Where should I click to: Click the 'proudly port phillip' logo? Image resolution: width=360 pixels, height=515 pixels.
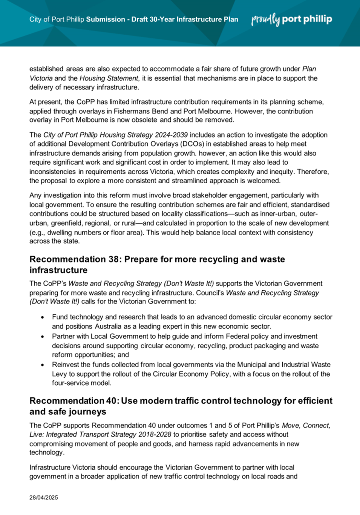pos(292,20)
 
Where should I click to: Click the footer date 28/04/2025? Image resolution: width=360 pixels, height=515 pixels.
pos(44,497)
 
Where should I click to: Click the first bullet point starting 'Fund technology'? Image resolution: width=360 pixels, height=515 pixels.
pos(43,317)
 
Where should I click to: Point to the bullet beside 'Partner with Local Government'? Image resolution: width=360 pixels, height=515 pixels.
pos(43,337)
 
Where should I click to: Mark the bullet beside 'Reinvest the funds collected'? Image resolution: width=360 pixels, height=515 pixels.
pos(43,365)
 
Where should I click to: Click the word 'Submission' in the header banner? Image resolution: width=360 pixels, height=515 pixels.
pos(106,20)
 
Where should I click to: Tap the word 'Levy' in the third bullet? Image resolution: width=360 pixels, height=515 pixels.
pos(59,374)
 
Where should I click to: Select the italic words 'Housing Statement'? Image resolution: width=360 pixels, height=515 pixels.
pos(109,78)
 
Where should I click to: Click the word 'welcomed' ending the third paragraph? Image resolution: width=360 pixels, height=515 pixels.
pos(266,181)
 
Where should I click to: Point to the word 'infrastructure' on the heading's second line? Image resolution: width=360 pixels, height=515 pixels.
pos(58,270)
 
